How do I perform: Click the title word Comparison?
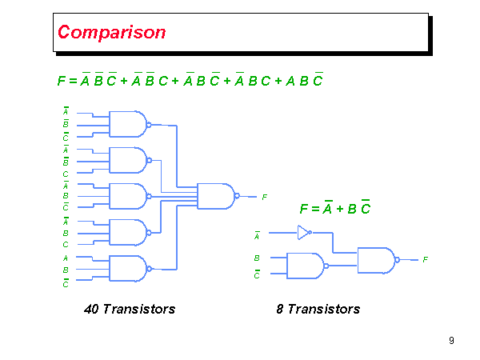coord(112,33)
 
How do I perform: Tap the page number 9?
coord(452,342)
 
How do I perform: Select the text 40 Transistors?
coord(129,309)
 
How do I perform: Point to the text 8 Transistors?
coord(323,309)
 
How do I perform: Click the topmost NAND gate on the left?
coord(128,124)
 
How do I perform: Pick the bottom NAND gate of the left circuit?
coord(128,268)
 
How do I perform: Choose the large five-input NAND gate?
coord(216,196)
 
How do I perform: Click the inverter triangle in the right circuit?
coord(302,233)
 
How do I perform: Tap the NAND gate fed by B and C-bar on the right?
coord(305,266)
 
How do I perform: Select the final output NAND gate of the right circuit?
coord(377,259)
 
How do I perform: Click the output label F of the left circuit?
coord(264,197)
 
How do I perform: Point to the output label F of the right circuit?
coord(426,260)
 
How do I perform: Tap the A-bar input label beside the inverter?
coord(257,236)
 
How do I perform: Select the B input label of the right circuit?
coord(257,258)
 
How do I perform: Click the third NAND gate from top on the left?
coord(128,196)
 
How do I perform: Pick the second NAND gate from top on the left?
coord(128,160)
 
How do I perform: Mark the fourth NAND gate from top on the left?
coord(128,232)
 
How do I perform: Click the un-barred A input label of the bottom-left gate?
coord(66,258)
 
